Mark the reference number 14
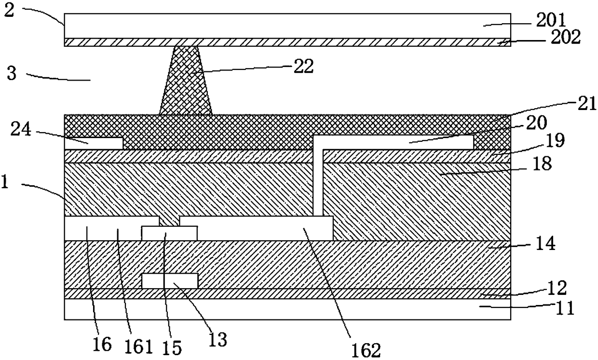[x=546, y=244]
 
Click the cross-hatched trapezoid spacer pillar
[x=186, y=82]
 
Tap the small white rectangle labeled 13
[x=169, y=281]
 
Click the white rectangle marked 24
[x=94, y=143]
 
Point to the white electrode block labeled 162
[x=256, y=228]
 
